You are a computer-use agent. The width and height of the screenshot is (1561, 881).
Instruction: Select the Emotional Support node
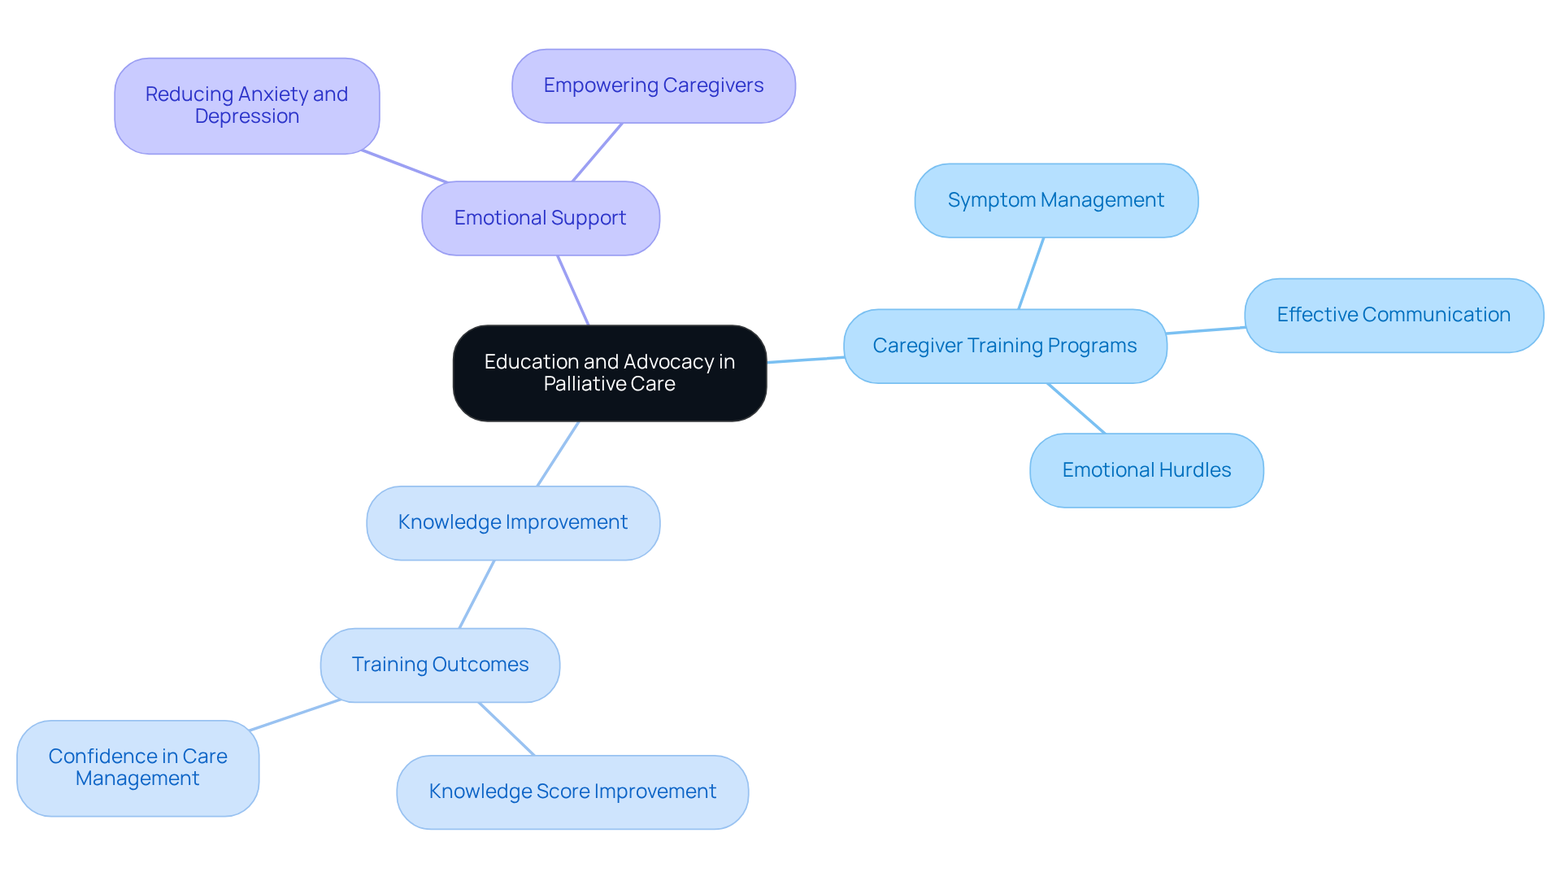click(x=540, y=218)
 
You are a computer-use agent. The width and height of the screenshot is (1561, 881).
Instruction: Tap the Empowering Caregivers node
click(x=653, y=85)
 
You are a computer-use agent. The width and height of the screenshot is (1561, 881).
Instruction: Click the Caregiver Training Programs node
click(x=1004, y=346)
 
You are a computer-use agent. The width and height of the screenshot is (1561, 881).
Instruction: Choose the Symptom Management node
click(x=1055, y=200)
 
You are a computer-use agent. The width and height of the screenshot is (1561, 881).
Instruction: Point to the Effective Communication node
click(x=1393, y=315)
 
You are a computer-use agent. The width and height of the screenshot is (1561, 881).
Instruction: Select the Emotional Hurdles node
click(x=1146, y=470)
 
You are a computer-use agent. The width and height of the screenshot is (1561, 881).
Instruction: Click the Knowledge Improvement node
click(x=512, y=522)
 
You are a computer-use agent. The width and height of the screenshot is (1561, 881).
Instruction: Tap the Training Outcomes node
click(x=440, y=665)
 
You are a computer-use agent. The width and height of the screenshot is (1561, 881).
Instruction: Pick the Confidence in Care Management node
click(x=137, y=767)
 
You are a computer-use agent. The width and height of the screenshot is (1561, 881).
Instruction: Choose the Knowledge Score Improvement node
click(x=572, y=792)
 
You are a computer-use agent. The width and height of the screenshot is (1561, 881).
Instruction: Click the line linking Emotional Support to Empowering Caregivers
click(x=598, y=152)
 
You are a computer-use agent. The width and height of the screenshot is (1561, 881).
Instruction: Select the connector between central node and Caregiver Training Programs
click(x=805, y=360)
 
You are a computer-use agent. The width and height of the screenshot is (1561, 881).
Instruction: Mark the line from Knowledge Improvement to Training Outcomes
click(x=476, y=594)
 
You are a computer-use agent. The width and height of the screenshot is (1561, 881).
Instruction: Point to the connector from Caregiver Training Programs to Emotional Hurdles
click(x=1076, y=408)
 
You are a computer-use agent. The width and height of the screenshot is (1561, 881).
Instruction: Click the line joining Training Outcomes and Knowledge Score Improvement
click(x=506, y=728)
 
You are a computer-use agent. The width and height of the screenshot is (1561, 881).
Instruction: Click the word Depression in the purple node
click(x=246, y=116)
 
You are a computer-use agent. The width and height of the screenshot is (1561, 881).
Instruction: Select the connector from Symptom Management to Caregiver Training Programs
click(x=1031, y=273)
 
